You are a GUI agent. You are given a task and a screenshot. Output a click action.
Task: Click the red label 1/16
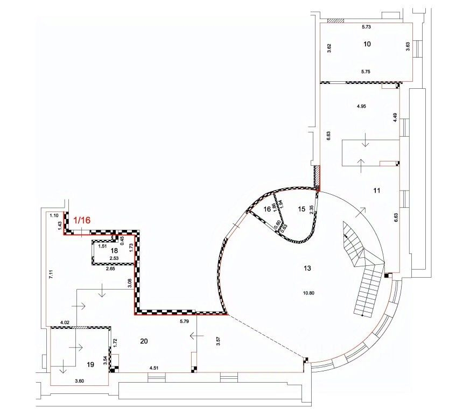(82, 220)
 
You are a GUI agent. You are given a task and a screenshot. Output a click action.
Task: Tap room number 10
(367, 44)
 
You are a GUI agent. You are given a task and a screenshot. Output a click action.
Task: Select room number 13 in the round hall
(307, 268)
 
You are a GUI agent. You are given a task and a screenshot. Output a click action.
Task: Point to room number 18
(114, 251)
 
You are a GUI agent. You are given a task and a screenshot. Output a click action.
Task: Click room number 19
(90, 364)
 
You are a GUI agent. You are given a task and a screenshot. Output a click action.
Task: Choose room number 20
(144, 341)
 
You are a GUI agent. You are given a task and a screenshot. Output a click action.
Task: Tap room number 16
(267, 209)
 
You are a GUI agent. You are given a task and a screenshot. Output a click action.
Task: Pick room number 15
(301, 209)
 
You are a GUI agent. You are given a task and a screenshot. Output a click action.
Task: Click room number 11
(377, 191)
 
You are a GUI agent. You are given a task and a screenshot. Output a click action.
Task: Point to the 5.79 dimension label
(185, 321)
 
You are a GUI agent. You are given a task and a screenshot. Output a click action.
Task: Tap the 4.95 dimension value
(361, 106)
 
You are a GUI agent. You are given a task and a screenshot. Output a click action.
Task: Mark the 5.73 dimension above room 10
(366, 27)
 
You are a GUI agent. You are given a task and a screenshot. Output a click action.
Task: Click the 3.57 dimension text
(219, 341)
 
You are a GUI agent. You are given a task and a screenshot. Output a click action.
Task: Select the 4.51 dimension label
(154, 368)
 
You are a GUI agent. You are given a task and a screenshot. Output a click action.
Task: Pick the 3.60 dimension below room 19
(79, 381)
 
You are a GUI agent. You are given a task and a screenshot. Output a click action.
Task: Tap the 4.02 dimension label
(65, 323)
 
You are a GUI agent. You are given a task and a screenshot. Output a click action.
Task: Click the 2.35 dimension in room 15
(312, 210)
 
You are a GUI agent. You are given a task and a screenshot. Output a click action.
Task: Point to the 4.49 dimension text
(395, 118)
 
